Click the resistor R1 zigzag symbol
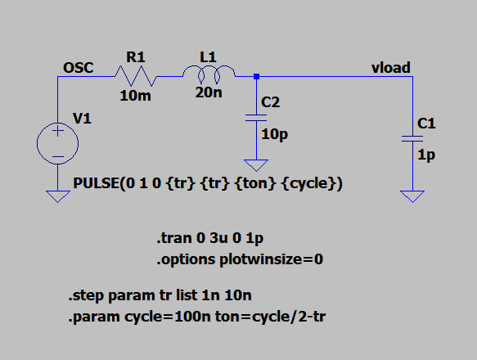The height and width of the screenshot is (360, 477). [136, 76]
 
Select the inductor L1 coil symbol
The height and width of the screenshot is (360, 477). [209, 74]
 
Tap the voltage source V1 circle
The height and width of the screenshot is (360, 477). [57, 143]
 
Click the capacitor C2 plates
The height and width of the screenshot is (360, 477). [256, 118]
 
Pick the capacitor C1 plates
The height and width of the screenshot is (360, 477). [412, 139]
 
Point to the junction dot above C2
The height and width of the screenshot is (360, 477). [256, 76]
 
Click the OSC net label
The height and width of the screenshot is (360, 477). [79, 68]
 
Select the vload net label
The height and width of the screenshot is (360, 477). [391, 68]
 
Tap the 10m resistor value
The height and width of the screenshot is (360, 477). [135, 96]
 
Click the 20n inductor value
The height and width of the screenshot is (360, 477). [209, 92]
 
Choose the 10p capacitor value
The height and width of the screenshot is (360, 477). [275, 134]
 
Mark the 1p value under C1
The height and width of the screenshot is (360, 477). [426, 155]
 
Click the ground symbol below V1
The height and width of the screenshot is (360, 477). [58, 196]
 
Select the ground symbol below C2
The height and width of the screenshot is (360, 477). [256, 165]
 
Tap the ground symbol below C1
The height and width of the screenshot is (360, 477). [412, 196]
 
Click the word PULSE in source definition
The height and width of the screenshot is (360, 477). [96, 183]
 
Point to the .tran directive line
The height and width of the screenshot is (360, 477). [210, 238]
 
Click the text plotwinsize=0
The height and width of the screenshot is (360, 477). [271, 259]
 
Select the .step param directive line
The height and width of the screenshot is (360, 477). [160, 295]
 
